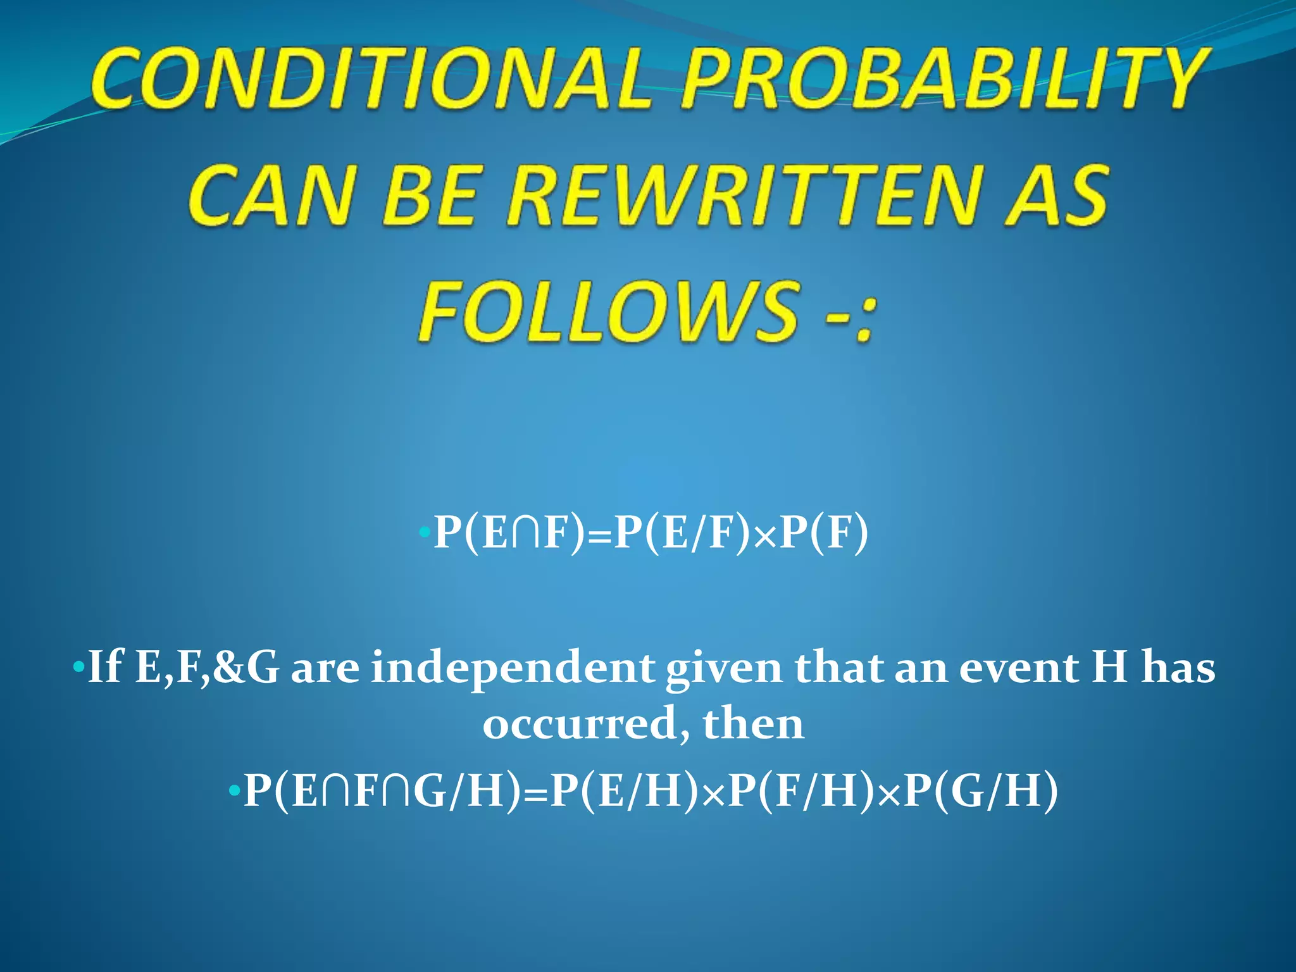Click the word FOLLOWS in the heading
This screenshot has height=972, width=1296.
click(x=607, y=311)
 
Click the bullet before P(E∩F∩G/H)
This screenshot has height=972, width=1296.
click(x=234, y=791)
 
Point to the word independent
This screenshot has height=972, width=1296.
click(x=513, y=667)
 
